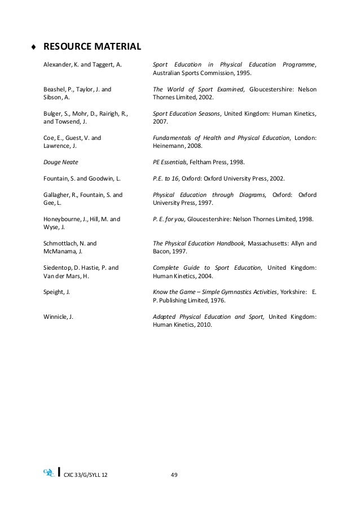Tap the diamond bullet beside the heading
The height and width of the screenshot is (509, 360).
point(34,46)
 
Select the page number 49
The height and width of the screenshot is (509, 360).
point(174,474)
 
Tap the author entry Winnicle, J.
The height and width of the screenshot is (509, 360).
point(59,317)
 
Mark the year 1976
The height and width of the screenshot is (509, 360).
point(217,301)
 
